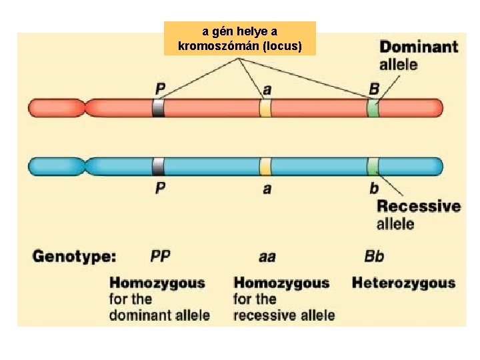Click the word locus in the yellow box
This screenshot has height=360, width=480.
283,47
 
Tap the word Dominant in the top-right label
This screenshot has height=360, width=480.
418,47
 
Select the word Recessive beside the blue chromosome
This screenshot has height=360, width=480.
419,206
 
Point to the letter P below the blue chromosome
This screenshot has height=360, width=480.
160,188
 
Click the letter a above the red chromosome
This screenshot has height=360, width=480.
267,89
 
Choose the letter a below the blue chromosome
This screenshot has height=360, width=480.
267,189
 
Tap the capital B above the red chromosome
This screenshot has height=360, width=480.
374,89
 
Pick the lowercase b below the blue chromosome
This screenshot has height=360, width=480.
374,188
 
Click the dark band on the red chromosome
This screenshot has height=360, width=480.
158,107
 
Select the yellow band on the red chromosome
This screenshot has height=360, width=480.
265,107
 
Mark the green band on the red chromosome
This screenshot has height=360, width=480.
373,107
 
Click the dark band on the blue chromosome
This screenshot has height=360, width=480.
158,167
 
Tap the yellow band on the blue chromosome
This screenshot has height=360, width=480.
265,167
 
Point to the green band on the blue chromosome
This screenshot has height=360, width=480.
373,167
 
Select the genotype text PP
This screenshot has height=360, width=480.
161,256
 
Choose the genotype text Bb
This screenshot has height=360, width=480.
374,256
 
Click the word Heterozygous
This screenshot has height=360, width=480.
403,283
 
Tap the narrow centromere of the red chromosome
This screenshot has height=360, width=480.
85,107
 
